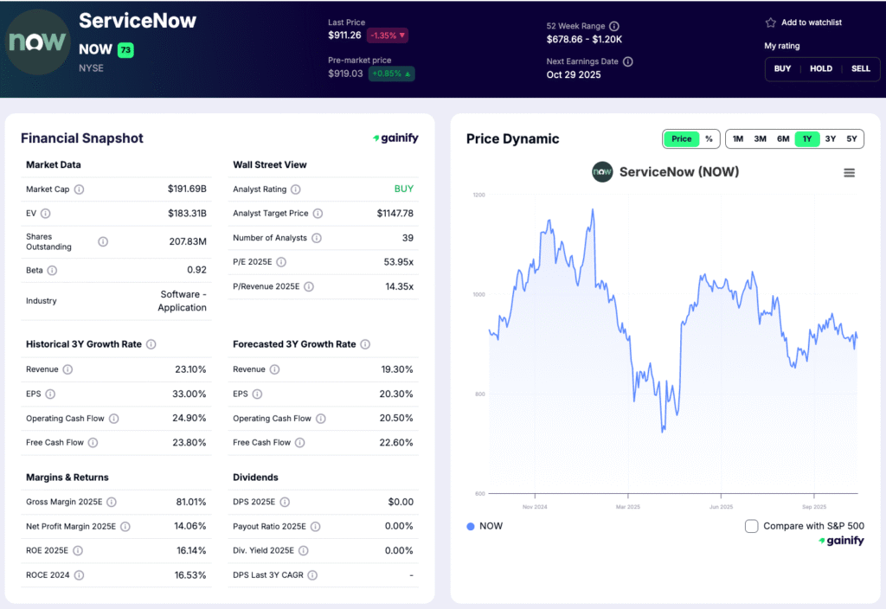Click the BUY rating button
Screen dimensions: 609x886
pos(782,68)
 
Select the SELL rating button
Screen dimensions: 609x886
pos(860,68)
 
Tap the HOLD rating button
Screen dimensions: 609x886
pos(821,68)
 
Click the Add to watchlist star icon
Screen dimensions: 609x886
pos(770,22)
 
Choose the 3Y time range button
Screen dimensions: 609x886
pos(830,138)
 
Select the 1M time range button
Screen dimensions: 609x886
pos(737,138)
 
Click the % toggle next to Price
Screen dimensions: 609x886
pos(709,138)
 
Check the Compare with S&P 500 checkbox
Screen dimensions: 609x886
pos(751,526)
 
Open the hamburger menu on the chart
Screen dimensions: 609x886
pos(849,173)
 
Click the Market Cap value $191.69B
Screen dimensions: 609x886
pos(187,189)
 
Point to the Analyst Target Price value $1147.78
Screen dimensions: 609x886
pos(395,213)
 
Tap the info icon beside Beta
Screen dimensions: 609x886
pos(52,270)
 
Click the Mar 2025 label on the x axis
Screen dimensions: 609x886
pos(626,507)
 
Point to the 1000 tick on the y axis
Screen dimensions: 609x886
pos(478,294)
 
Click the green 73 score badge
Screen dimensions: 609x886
pos(125,50)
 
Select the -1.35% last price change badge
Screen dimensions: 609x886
pos(387,35)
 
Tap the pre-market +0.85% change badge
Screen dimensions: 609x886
pos(391,74)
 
